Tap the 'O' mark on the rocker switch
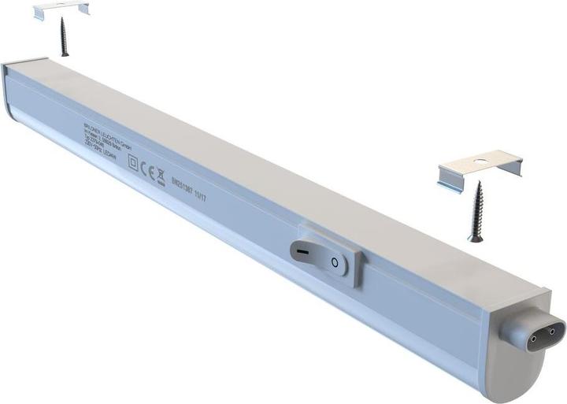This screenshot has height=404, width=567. click(x=335, y=262)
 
